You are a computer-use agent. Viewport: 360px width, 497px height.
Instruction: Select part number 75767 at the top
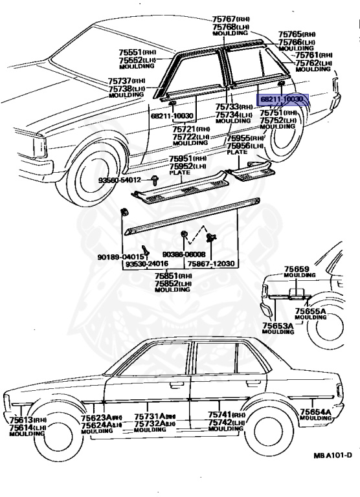pyautogui.click(x=222, y=20)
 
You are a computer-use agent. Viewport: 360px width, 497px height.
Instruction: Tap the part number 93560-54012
pyautogui.click(x=118, y=179)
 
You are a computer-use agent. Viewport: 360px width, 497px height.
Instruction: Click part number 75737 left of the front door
pyautogui.click(x=121, y=80)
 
